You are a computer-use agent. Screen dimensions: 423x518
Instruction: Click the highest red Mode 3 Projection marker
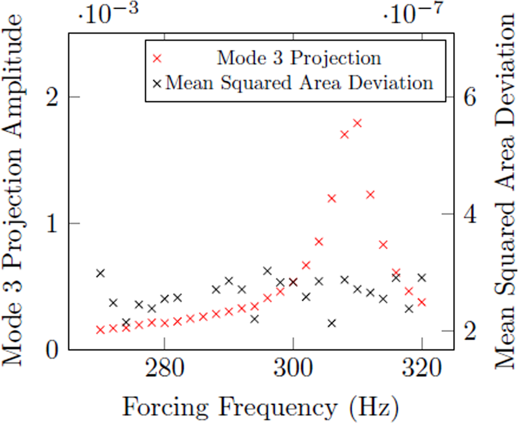357,123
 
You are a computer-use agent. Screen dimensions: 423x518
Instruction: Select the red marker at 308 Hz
345,134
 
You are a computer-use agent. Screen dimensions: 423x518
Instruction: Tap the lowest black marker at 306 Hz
331,323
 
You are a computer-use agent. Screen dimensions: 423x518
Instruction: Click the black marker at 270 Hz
100,273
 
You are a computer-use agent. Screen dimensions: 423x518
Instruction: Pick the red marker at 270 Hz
100,330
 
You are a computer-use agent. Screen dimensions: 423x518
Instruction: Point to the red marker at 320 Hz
421,302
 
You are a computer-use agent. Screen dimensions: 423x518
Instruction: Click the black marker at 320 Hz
421,278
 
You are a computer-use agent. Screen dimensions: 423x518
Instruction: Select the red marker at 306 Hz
331,198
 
